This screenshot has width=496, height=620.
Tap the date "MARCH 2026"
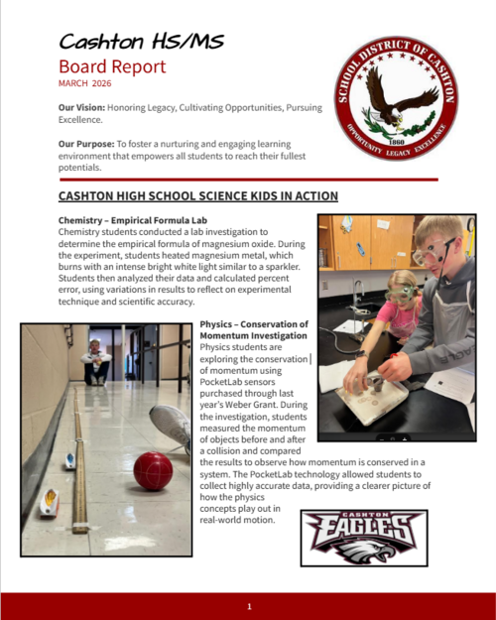86,85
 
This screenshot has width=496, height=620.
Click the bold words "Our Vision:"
84,106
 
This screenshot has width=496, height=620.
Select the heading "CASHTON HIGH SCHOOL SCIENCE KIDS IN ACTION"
198,196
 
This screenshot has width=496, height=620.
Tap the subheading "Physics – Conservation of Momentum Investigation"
254,331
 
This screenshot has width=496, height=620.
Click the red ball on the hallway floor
153,470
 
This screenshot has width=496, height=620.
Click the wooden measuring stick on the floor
79,466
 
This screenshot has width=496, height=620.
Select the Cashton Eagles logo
364,537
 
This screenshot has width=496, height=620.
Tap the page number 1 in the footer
249,606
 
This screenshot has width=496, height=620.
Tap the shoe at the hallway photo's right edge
174,426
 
